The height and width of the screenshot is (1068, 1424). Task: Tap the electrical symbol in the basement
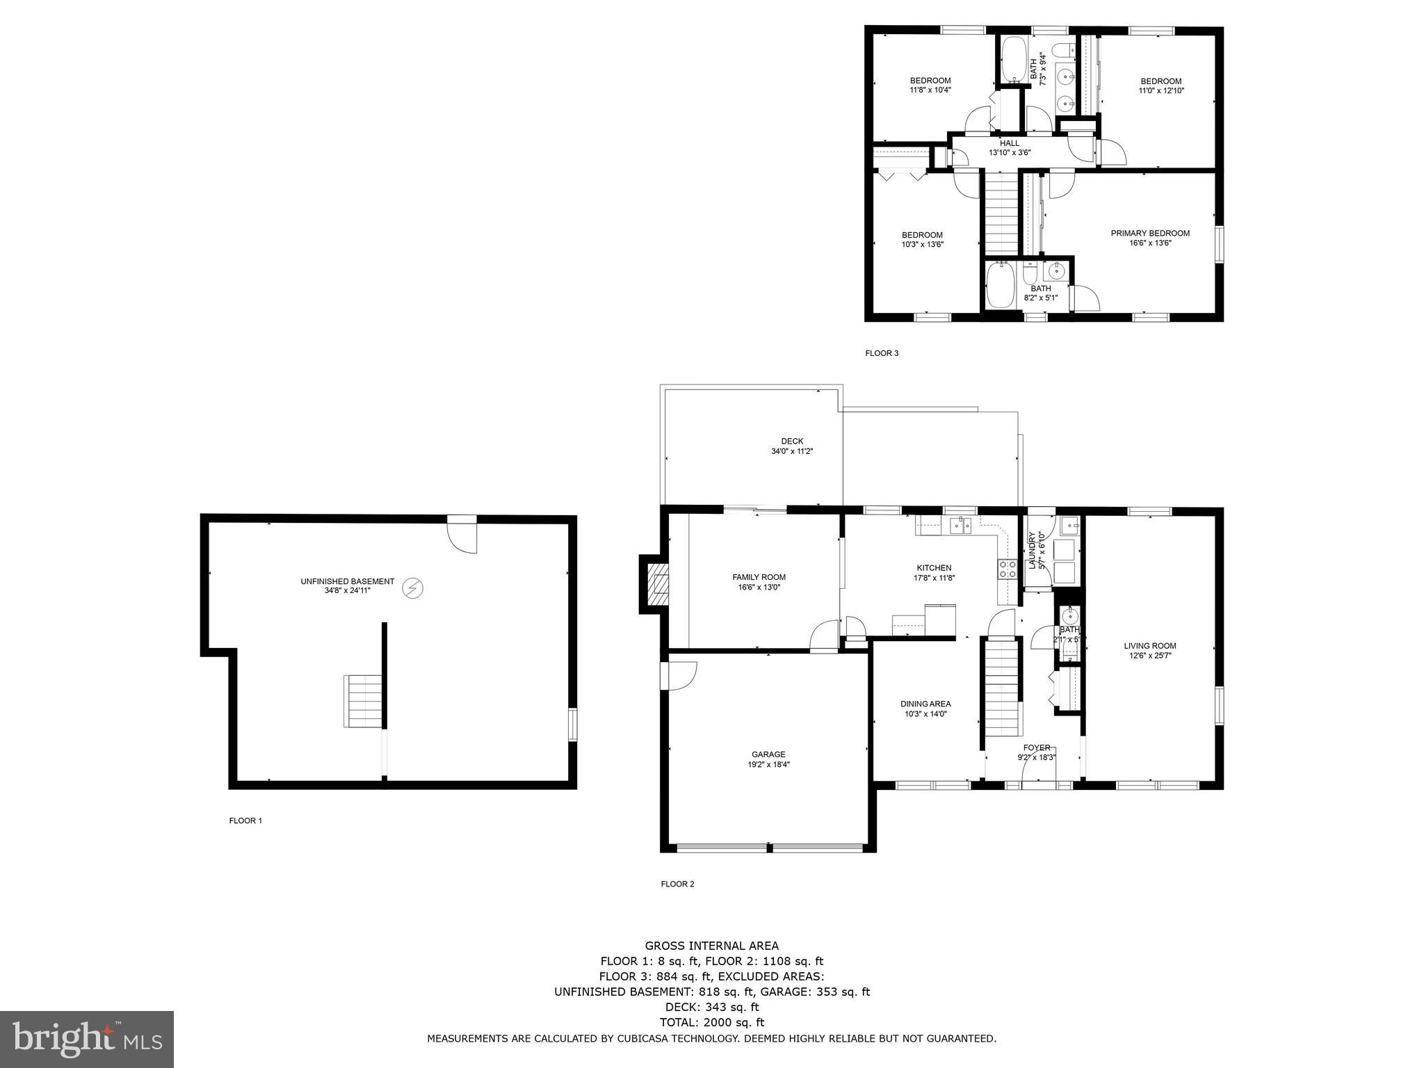click(413, 589)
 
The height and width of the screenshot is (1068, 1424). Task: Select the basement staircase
click(363, 701)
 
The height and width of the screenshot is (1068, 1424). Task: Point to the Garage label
click(768, 754)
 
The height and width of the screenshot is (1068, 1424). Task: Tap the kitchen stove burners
click(1006, 569)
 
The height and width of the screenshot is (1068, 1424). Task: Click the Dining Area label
click(925, 704)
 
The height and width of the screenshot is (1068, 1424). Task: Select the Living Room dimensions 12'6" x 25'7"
click(1150, 656)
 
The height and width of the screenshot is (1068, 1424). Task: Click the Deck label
click(792, 441)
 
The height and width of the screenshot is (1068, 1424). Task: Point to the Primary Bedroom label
click(1150, 234)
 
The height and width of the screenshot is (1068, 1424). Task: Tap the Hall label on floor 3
click(1010, 143)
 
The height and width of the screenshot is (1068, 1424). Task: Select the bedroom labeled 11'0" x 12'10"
click(1161, 86)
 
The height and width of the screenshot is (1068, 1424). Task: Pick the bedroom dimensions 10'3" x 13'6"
click(922, 245)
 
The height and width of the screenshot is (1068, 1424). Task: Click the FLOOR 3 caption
click(882, 353)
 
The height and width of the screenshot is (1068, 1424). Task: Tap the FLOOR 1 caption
click(245, 820)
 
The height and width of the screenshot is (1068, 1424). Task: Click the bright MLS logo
click(87, 1039)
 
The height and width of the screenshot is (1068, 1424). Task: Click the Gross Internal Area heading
click(711, 946)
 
